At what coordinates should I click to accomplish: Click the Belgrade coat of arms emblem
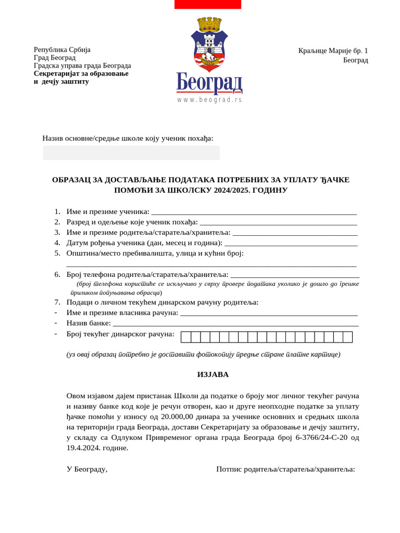pyautogui.click(x=209, y=44)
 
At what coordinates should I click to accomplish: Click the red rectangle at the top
pyautogui.click(x=207, y=4)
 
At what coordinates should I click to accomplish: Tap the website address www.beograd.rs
pyautogui.click(x=209, y=99)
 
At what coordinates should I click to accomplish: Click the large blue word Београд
pyautogui.click(x=209, y=83)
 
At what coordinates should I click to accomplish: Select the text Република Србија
pyautogui.click(x=62, y=50)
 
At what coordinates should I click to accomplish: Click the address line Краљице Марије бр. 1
pyautogui.click(x=333, y=51)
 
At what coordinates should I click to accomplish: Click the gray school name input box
pyautogui.click(x=131, y=153)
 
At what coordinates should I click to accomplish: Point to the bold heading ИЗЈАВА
pyautogui.click(x=213, y=375)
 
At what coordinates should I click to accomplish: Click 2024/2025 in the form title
pyautogui.click(x=231, y=191)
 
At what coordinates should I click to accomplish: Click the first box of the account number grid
pyautogui.click(x=185, y=337)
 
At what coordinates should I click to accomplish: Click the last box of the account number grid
pyautogui.click(x=347, y=337)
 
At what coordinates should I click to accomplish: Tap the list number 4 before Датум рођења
pyautogui.click(x=57, y=243)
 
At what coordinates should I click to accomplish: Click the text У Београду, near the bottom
pyautogui.click(x=87, y=469)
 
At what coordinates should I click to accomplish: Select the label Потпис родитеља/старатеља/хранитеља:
pyautogui.click(x=285, y=469)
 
